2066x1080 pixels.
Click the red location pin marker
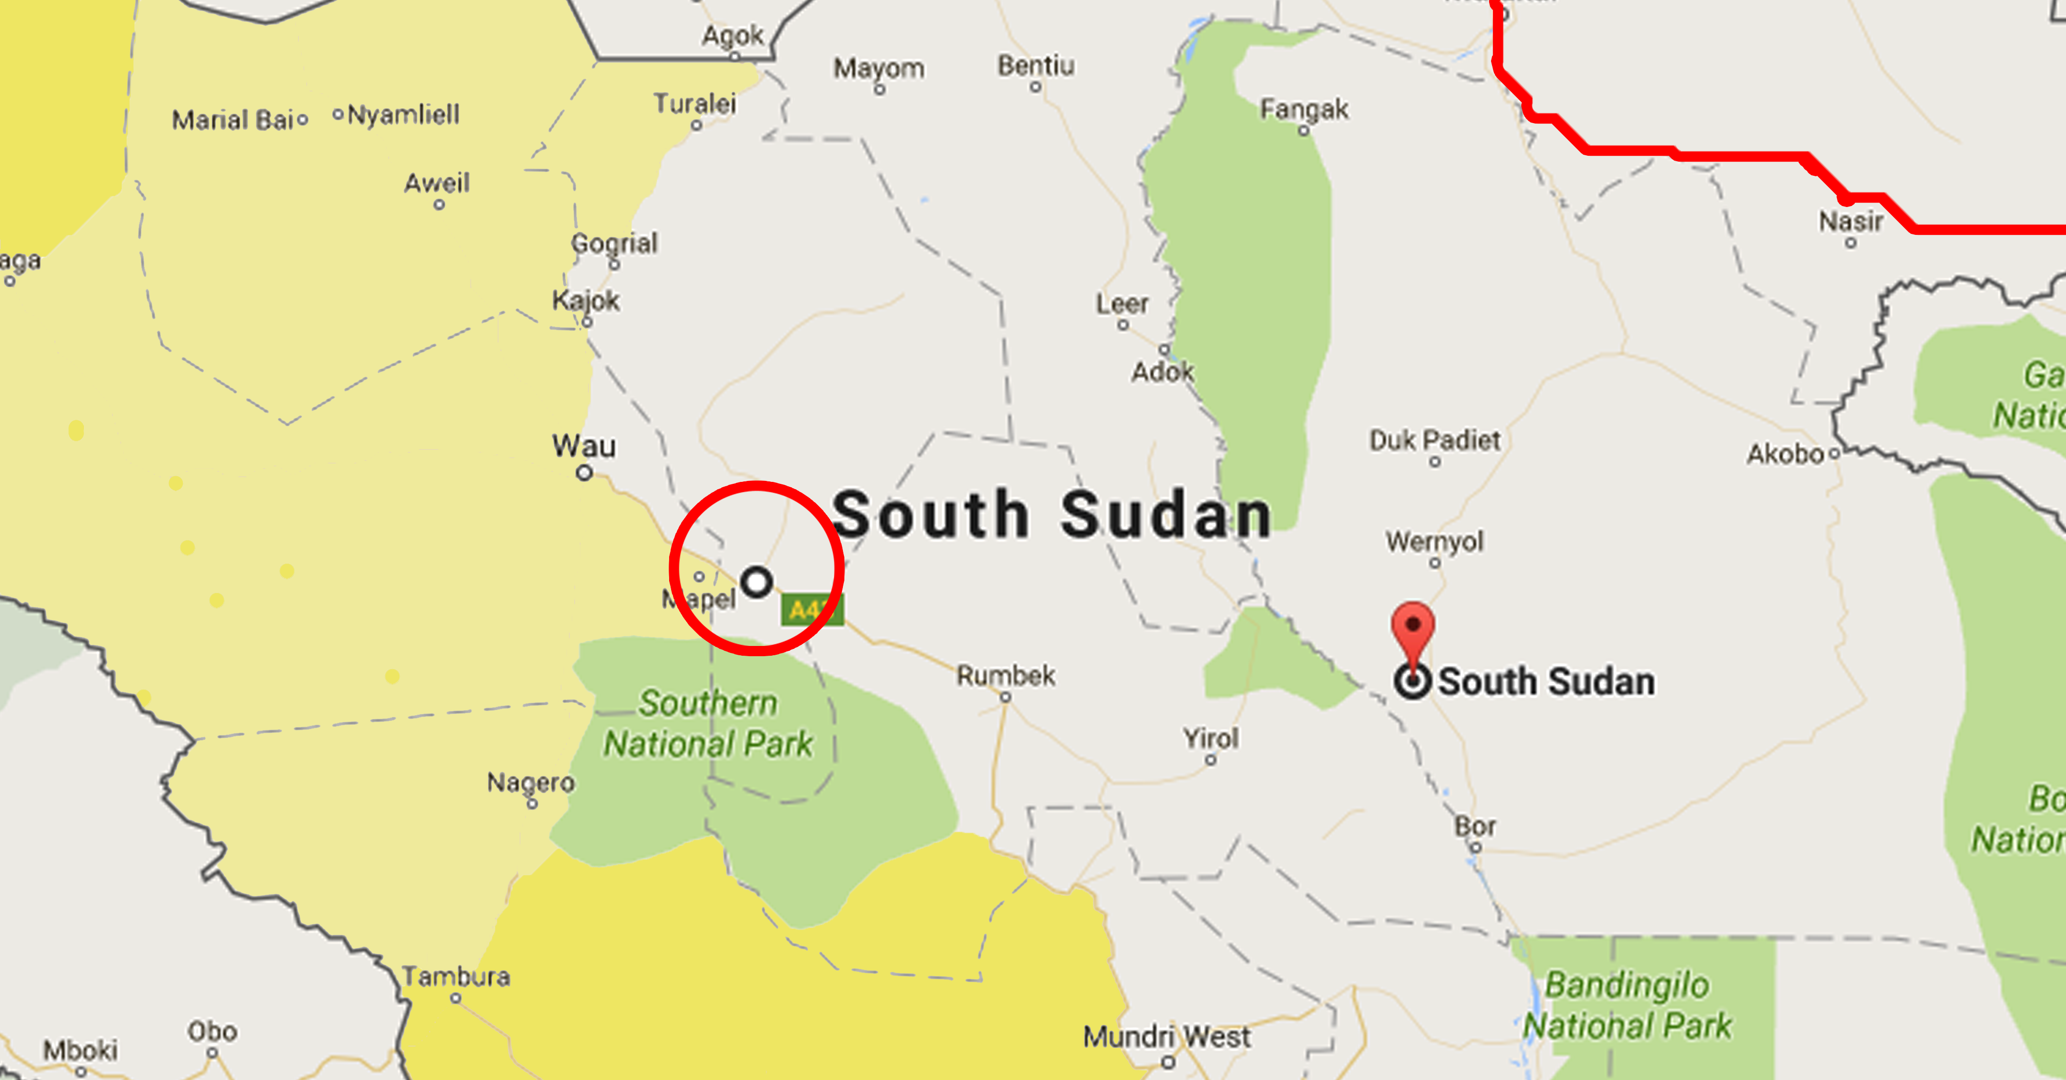coord(1412,630)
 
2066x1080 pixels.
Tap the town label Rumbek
coord(1006,676)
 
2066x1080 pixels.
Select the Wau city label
coord(584,446)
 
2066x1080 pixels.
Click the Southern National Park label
coord(708,724)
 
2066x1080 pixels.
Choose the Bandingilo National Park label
coord(1627,1005)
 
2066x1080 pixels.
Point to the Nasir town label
coord(1850,221)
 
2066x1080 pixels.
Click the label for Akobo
coord(1785,454)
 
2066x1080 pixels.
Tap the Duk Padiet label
coord(1434,440)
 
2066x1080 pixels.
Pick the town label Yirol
coord(1210,738)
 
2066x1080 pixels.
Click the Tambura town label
coord(455,976)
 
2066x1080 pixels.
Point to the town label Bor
coord(1475,827)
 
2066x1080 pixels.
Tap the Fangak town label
coord(1304,109)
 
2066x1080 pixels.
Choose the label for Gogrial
coord(614,243)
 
